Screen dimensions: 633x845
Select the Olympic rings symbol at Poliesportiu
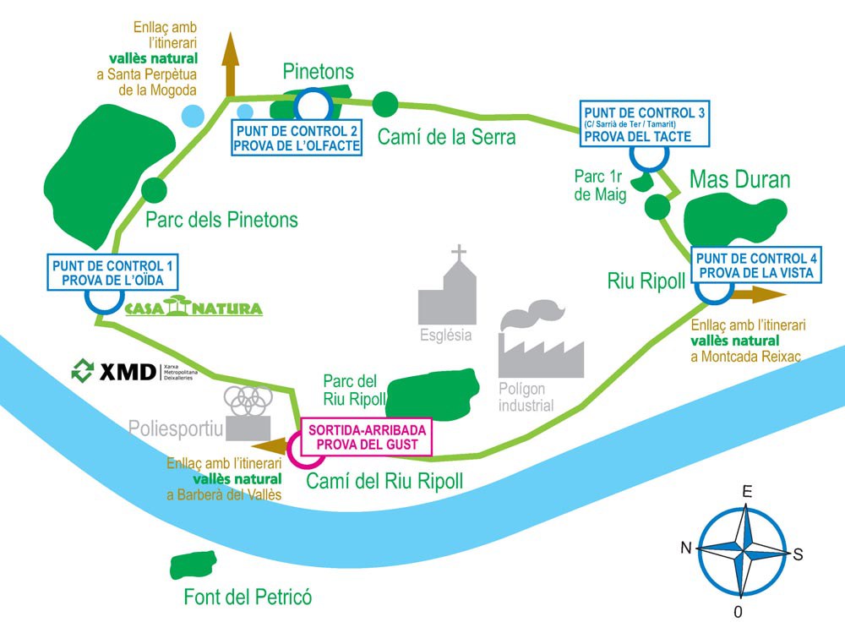(248, 401)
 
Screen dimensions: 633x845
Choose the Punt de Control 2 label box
(297, 138)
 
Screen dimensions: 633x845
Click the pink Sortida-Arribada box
(368, 437)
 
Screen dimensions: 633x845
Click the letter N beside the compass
(686, 548)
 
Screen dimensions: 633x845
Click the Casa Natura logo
(194, 306)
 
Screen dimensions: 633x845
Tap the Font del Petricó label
(248, 598)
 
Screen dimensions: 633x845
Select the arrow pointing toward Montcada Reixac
(758, 294)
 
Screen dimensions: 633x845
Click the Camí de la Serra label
(445, 136)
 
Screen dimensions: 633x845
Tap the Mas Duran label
(739, 179)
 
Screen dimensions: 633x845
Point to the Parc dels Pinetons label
(221, 220)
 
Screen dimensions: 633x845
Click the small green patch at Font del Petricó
(194, 564)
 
